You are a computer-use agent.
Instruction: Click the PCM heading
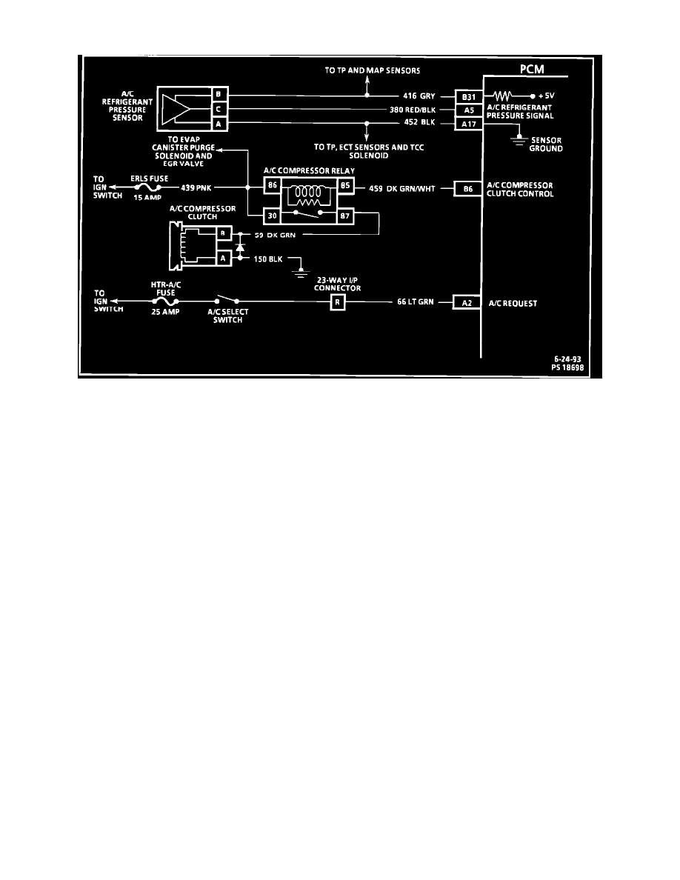[531, 69]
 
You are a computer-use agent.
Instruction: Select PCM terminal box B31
[468, 97]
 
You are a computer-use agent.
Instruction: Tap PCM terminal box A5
[468, 110]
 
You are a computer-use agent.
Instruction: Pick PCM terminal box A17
[468, 124]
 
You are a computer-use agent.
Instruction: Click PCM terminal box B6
[468, 189]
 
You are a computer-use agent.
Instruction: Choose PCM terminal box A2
[467, 302]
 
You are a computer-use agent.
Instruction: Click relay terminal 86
[272, 185]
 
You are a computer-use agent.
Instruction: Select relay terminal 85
[345, 185]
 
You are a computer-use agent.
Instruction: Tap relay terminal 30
[272, 216]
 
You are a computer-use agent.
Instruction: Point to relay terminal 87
[345, 216]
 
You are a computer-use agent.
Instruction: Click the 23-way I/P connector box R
[337, 302]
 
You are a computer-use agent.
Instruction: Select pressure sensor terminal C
[219, 109]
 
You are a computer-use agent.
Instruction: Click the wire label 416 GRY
[419, 96]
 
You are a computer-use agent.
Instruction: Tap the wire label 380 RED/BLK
[413, 110]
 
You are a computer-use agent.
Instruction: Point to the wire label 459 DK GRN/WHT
[401, 189]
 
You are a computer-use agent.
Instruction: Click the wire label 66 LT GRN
[415, 302]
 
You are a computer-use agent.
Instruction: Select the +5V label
[546, 96]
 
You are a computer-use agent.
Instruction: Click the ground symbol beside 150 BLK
[301, 273]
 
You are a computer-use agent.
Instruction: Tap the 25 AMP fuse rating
[165, 311]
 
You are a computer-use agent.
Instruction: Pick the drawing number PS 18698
[567, 367]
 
